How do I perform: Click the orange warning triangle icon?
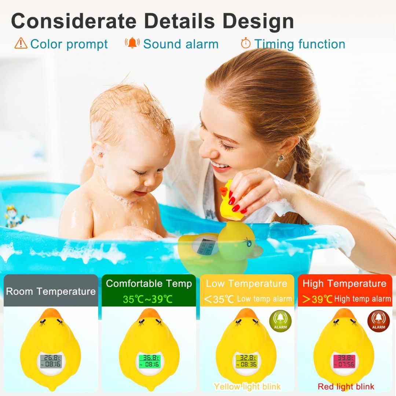[x=21, y=43]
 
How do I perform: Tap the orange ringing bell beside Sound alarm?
[x=132, y=43]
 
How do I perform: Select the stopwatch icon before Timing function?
[x=245, y=43]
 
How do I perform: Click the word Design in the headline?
[x=258, y=21]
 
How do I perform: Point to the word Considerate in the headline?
[x=74, y=21]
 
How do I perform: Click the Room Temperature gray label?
[x=51, y=291]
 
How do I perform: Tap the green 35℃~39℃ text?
[x=148, y=299]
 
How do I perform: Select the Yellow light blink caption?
[x=247, y=386]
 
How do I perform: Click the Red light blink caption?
[x=346, y=386]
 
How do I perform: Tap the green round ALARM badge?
[x=280, y=321]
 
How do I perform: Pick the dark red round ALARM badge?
[x=378, y=321]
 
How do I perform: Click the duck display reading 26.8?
[x=51, y=361]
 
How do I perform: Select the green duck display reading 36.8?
[x=150, y=361]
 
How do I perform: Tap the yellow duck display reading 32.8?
[x=246, y=361]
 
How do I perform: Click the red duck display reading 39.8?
[x=344, y=361]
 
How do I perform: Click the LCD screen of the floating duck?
[x=204, y=247]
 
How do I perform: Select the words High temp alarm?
[x=362, y=299]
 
